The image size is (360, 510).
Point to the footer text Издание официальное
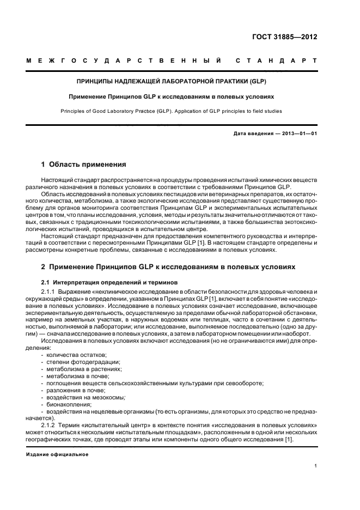57,454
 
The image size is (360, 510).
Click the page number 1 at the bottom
316,466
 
